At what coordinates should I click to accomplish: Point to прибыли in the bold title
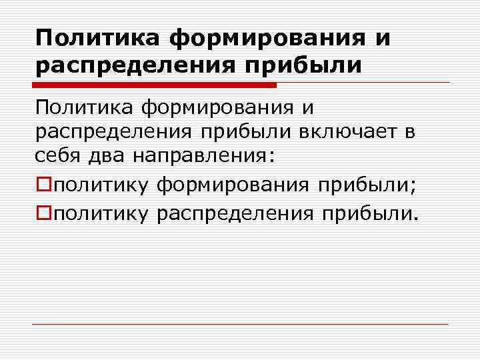304,66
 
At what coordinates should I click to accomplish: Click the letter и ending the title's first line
382,38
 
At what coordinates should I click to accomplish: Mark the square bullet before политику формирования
43,184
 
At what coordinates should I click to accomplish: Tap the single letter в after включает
408,133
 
